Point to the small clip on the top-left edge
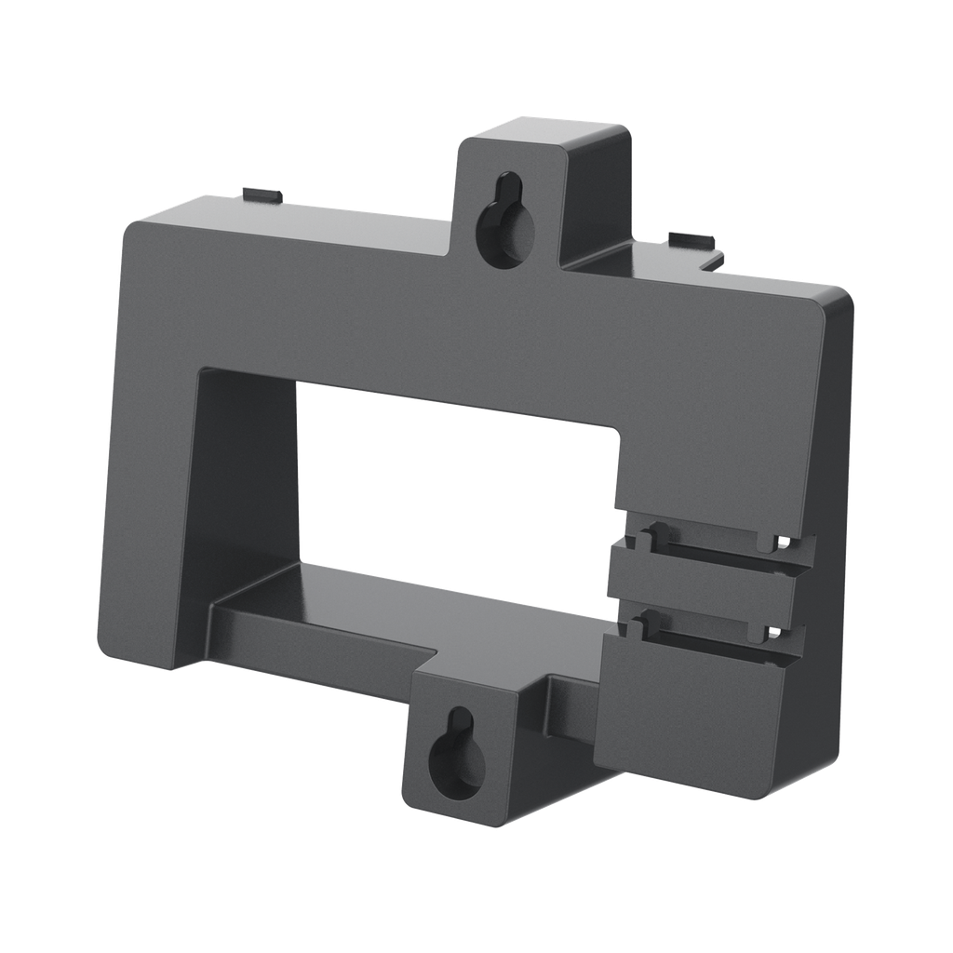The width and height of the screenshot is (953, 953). tap(260, 195)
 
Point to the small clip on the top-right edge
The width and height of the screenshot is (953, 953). tap(693, 241)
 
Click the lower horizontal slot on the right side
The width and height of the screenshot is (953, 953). tap(707, 627)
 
